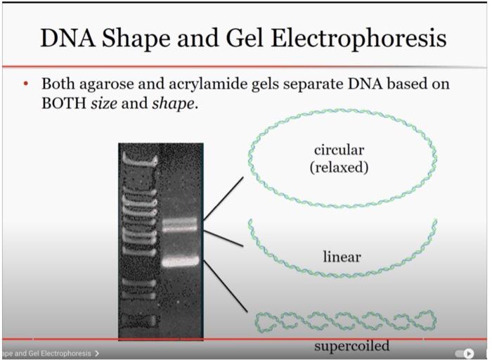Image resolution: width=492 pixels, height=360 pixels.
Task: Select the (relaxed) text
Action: tap(339, 167)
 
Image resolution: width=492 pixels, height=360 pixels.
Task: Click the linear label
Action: tap(342, 257)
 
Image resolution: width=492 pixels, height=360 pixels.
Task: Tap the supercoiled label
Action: tap(351, 347)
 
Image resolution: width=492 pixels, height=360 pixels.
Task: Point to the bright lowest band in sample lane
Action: tap(180, 262)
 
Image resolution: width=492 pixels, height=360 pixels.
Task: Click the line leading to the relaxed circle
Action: tap(224, 198)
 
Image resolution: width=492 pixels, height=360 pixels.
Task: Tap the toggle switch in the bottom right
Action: tap(465, 353)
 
